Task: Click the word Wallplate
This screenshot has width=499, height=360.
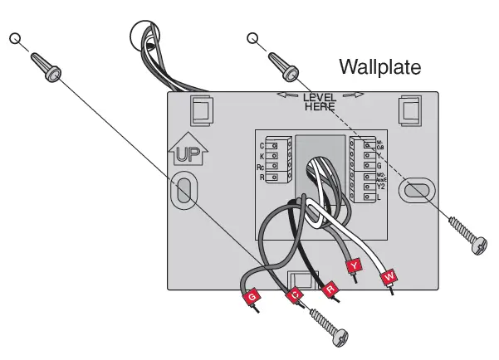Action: coord(380,66)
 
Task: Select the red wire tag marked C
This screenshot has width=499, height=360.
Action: coord(292,294)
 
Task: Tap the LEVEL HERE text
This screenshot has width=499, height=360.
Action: coord(319,102)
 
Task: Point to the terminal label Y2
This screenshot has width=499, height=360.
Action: coord(382,187)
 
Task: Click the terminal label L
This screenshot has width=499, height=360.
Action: coord(379,197)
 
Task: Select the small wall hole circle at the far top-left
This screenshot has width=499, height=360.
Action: coord(14,38)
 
